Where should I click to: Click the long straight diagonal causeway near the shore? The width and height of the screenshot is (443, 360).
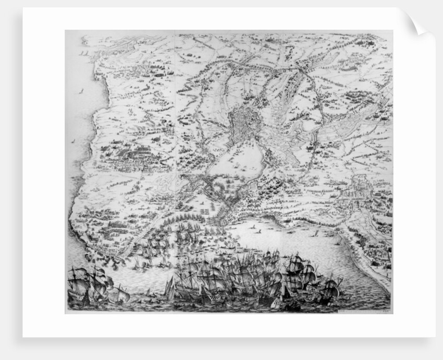141,235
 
